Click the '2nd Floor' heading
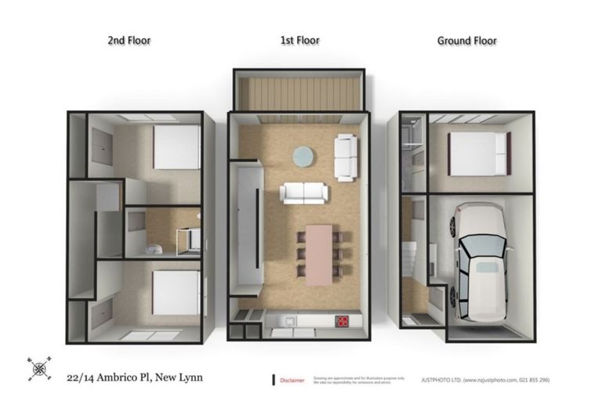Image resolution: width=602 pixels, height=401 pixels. (129, 41)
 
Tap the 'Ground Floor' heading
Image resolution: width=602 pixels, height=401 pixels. (466, 41)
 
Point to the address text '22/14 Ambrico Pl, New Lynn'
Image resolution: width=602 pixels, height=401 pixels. (134, 377)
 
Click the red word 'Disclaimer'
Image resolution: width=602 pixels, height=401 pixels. (292, 381)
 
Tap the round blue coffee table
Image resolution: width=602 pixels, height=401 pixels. (303, 157)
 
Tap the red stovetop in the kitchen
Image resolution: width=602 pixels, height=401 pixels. (343, 320)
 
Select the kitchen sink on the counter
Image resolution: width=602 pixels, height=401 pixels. (287, 320)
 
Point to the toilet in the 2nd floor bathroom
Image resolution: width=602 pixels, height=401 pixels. (154, 248)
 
